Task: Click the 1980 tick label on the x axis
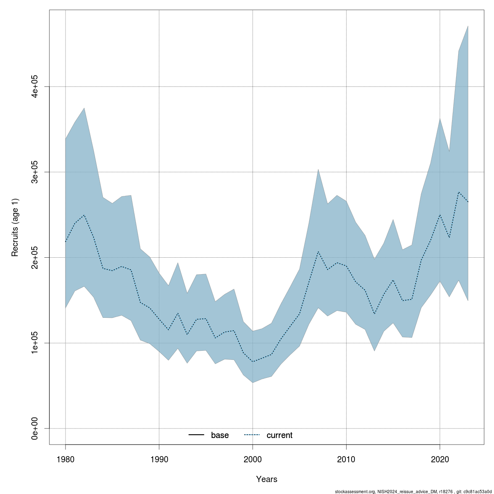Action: point(65,459)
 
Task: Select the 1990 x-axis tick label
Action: point(159,459)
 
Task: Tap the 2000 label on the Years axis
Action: point(252,459)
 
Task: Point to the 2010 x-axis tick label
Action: point(346,459)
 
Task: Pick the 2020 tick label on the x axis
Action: point(440,459)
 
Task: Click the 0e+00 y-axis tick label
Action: point(35,429)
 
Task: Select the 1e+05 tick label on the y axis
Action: point(35,343)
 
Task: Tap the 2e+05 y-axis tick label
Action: point(35,257)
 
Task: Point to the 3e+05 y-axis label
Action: point(35,172)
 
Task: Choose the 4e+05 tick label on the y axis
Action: point(35,86)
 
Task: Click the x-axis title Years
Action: point(267,479)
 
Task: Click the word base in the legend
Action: point(220,436)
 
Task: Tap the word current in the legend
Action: point(280,436)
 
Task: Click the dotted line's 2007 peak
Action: point(318,252)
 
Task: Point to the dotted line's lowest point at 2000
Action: point(252,361)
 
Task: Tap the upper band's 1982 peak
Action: point(84,108)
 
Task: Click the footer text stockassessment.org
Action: point(354,491)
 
